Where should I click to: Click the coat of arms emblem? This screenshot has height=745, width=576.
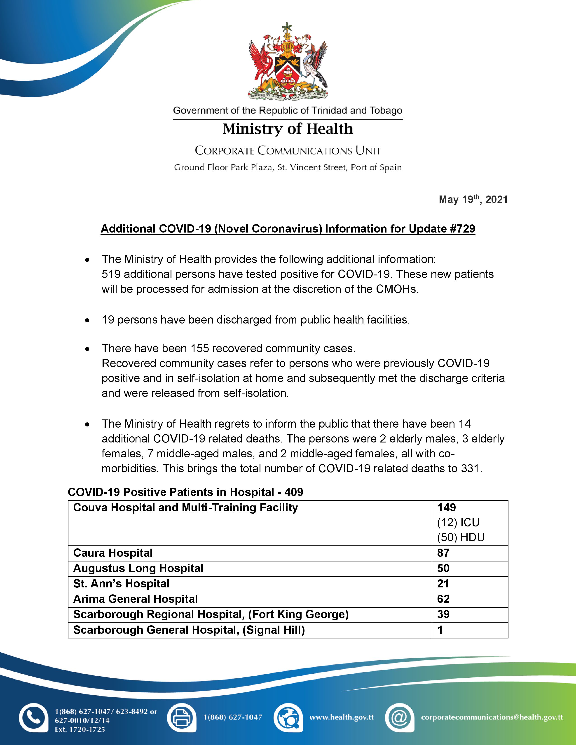point(288,61)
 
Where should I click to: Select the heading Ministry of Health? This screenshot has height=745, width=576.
point(288,129)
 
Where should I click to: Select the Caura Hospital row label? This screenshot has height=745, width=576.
point(113,553)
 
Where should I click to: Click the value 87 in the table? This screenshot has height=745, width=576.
point(443,553)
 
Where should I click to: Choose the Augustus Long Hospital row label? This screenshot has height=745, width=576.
point(138,568)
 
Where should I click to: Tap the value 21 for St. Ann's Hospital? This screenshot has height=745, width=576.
point(443,584)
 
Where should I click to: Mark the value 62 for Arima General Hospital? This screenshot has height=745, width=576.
point(443,599)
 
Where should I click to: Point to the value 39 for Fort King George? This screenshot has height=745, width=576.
point(443,614)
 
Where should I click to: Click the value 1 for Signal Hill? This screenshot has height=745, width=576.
point(440,630)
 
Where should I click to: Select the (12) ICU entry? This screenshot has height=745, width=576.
point(458,523)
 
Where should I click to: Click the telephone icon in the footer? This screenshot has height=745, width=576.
point(33,717)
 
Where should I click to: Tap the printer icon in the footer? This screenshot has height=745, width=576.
point(182,717)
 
